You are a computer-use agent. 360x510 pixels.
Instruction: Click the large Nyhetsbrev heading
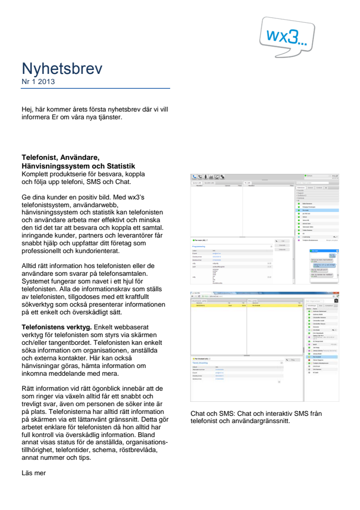[x=62, y=69]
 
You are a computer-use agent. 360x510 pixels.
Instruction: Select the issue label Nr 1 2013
[x=38, y=82]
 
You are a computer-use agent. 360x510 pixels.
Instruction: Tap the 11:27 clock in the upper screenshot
[x=335, y=177]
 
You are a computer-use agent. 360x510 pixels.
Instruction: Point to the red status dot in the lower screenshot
[x=309, y=360]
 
